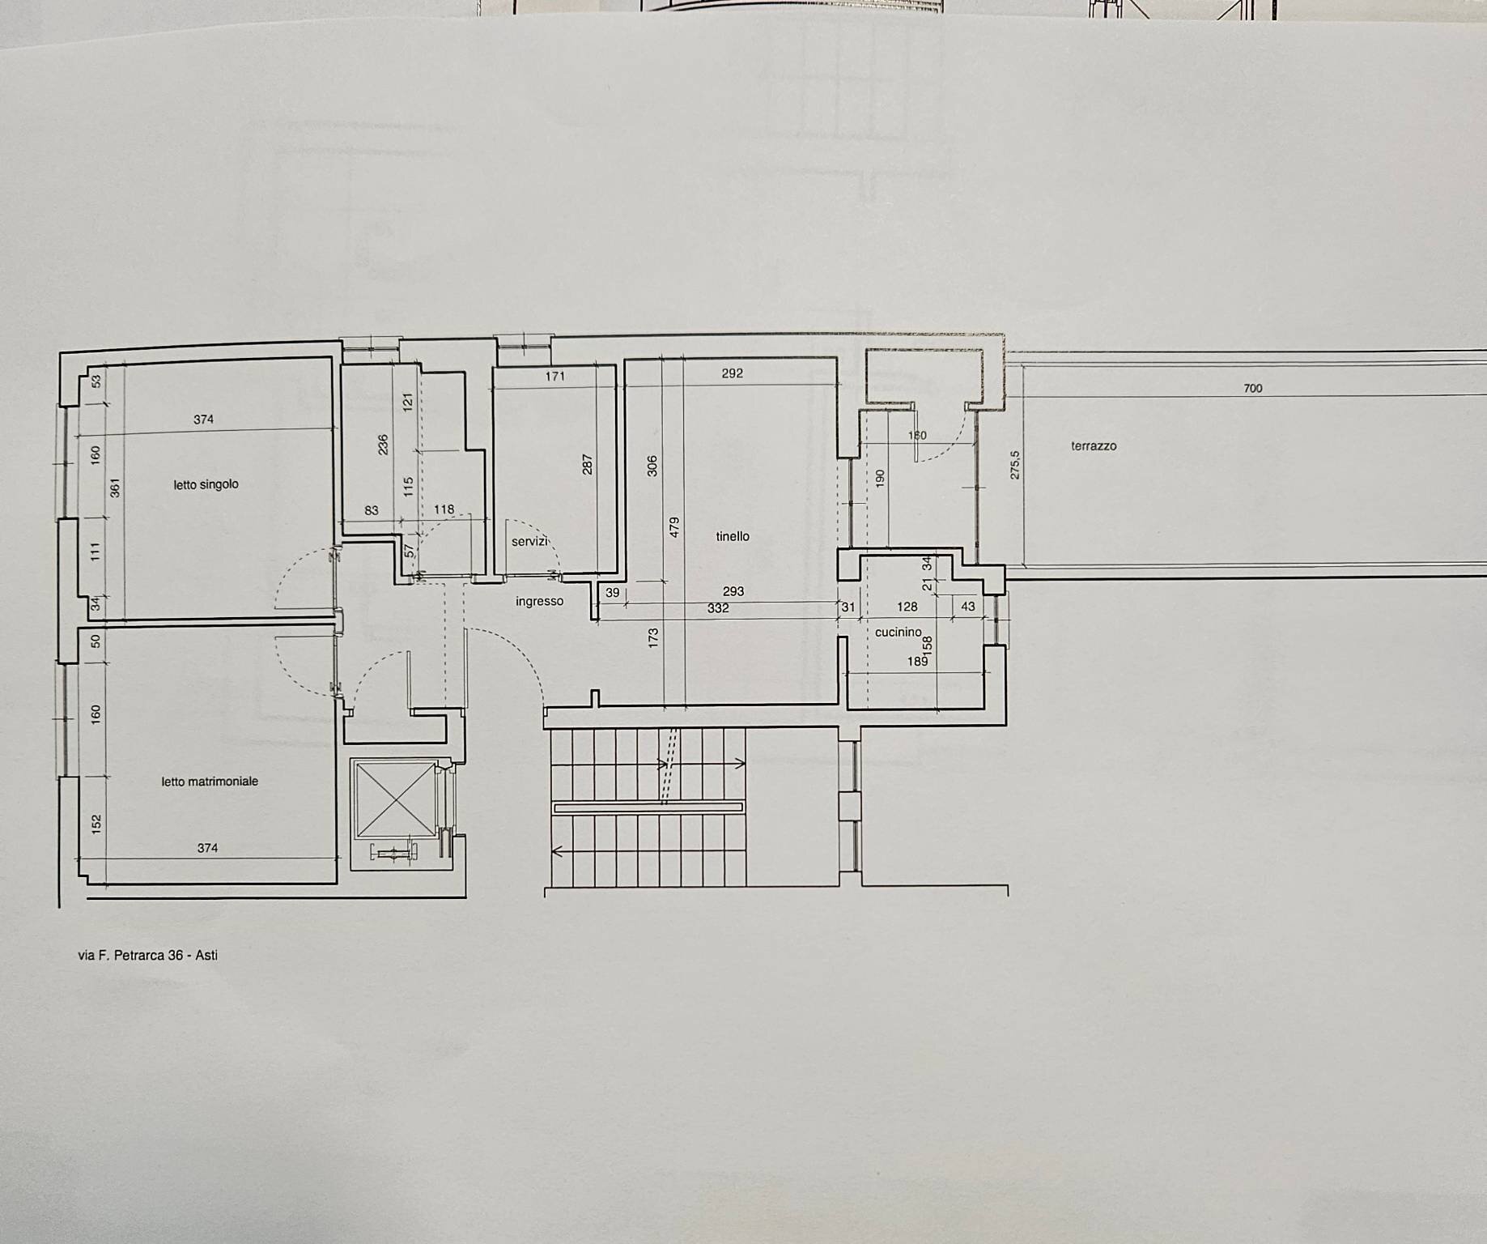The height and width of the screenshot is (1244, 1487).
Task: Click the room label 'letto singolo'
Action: (206, 484)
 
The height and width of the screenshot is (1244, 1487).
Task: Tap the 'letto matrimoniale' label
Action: (210, 782)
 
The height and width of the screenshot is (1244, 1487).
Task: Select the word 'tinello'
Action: (733, 536)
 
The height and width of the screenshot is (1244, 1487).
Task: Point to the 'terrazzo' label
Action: (1094, 445)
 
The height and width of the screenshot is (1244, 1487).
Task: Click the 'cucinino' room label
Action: (899, 632)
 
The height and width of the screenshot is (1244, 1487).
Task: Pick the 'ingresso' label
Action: (539, 601)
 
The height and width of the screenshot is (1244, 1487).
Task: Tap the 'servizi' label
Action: (530, 541)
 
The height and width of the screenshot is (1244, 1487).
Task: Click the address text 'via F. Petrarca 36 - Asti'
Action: (147, 955)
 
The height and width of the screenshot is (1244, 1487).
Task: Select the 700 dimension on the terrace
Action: (1252, 388)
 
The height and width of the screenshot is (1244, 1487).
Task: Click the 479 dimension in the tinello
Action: (674, 527)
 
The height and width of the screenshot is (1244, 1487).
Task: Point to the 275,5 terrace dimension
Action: (1015, 465)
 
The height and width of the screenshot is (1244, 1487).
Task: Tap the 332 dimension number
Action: (718, 608)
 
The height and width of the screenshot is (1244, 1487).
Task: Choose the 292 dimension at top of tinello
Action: (732, 373)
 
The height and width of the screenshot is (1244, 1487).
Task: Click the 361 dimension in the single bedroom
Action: (115, 488)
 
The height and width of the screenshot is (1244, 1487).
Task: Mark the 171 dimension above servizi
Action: (554, 376)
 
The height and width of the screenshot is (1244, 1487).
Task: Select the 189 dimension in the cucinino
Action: (917, 662)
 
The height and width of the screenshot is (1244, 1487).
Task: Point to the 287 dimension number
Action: (588, 464)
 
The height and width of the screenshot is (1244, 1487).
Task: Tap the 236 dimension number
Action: (384, 444)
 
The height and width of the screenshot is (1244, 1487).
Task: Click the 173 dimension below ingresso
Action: (653, 637)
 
